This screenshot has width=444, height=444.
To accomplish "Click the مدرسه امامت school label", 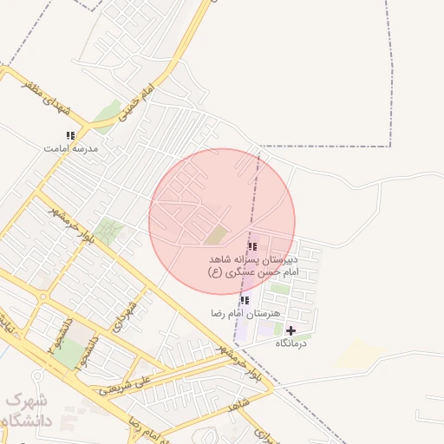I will pyautogui.click(x=71, y=148).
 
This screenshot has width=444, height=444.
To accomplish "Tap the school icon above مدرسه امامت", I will pyautogui.click(x=70, y=135).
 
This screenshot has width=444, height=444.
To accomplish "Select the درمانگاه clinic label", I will pyautogui.click(x=291, y=343).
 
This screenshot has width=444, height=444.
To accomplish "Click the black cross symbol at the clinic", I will pyautogui.click(x=291, y=330).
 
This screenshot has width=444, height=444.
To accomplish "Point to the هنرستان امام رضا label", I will pyautogui.click(x=246, y=312).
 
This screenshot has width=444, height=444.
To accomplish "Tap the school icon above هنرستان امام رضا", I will pyautogui.click(x=245, y=300).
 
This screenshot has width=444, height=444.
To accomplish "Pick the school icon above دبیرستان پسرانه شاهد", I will pyautogui.click(x=252, y=247).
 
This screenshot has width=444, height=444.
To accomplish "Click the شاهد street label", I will pyautogui.click(x=240, y=405).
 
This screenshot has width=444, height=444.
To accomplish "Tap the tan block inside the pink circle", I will pyautogui.click(x=215, y=234).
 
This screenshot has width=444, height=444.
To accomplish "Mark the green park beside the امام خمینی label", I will pyautogui.click(x=108, y=111).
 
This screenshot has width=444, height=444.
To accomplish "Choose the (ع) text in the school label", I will pyautogui.click(x=214, y=272).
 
